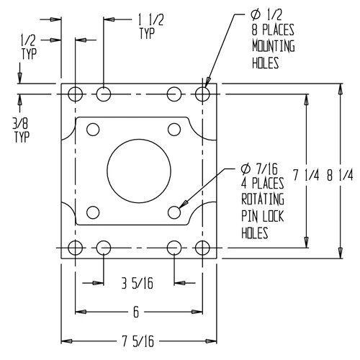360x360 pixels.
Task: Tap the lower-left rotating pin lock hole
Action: tap(92, 212)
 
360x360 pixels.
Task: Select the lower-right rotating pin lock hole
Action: tap(174, 212)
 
